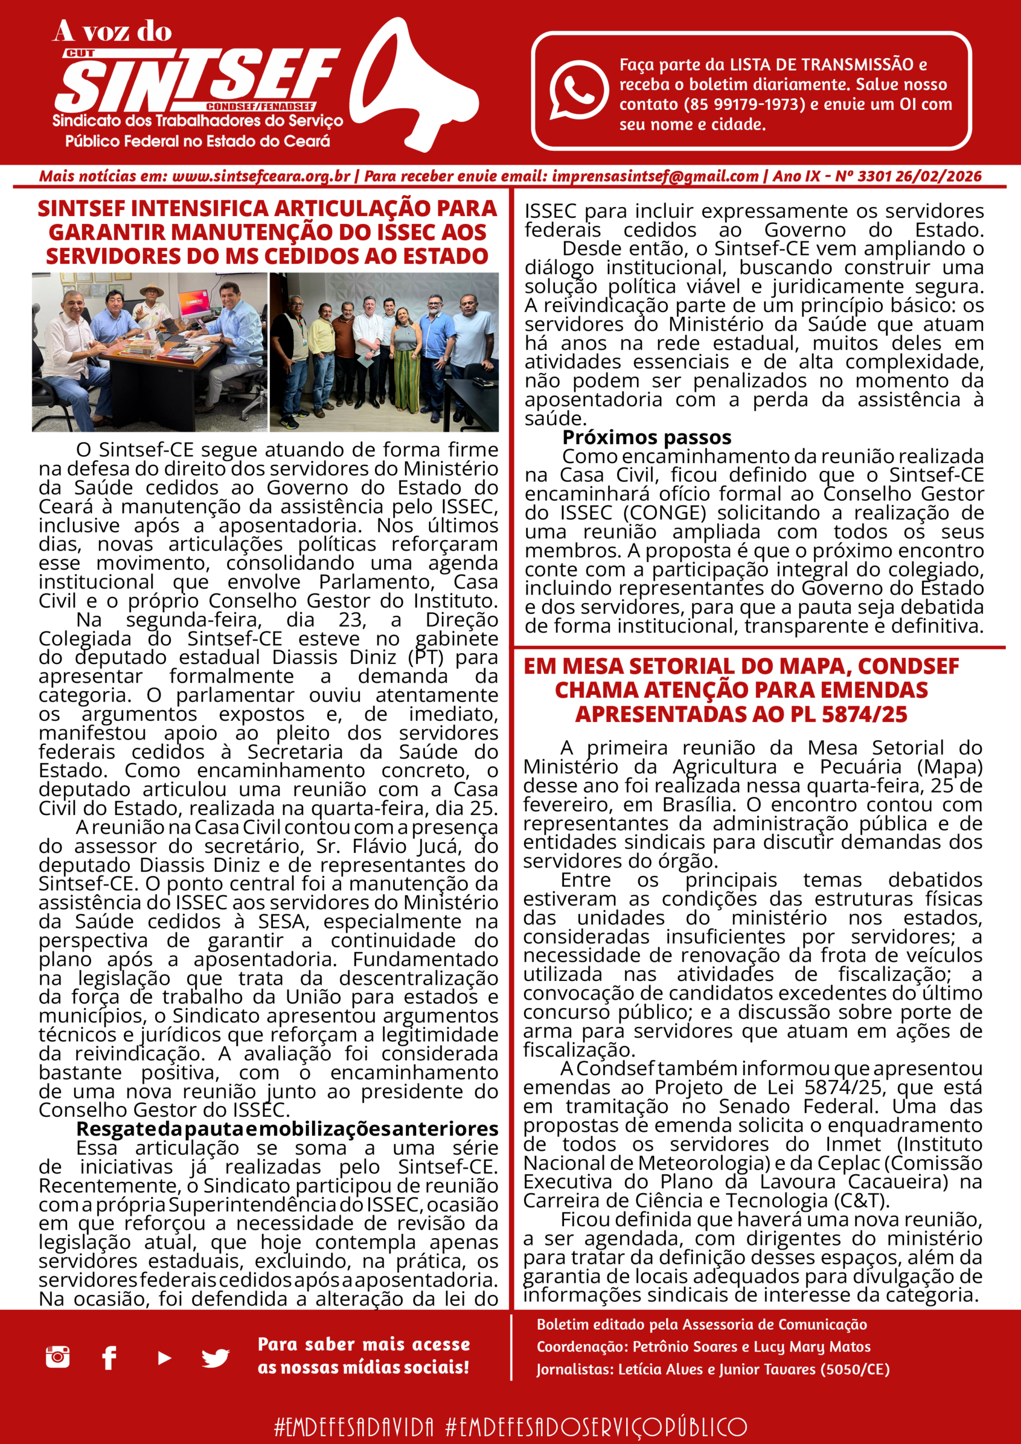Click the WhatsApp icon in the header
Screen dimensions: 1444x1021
tap(578, 89)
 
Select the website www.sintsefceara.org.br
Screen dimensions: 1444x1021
tap(261, 177)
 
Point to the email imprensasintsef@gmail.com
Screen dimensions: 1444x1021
tap(655, 177)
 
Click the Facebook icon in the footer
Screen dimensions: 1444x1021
tap(109, 1358)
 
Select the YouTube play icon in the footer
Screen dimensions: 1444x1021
tap(164, 1358)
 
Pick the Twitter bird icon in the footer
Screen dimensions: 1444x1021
tap(215, 1358)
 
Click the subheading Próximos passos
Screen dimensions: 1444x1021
tap(646, 437)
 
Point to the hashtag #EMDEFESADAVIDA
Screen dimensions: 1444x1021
tap(354, 1427)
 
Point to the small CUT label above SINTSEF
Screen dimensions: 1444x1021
tap(80, 54)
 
